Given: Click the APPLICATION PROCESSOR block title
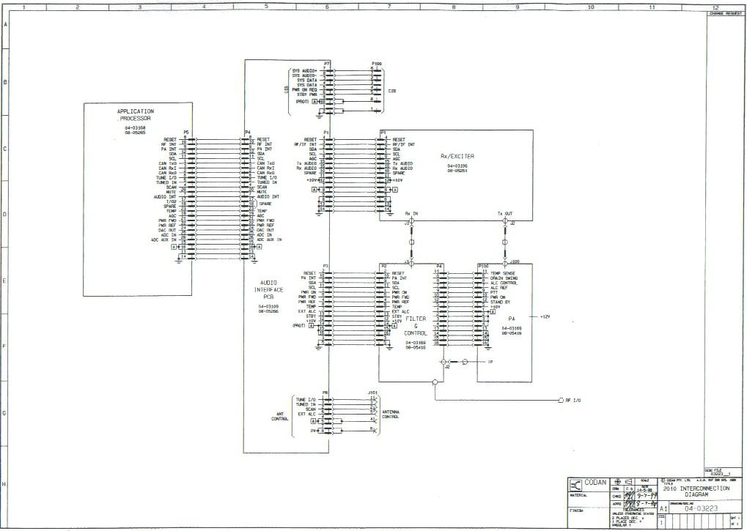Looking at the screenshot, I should pos(135,114).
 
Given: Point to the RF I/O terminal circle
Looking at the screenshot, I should pos(559,401).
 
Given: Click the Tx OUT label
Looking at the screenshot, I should pos(505,214).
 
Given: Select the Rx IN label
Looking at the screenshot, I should pos(411,214).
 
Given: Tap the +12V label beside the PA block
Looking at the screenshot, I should pos(545,316).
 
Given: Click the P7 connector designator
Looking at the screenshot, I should pos(327,64).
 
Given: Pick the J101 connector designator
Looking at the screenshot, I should pos(372,393).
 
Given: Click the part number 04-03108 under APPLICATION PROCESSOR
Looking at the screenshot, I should pos(135,127).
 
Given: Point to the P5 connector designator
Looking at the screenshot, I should pos(186,133).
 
